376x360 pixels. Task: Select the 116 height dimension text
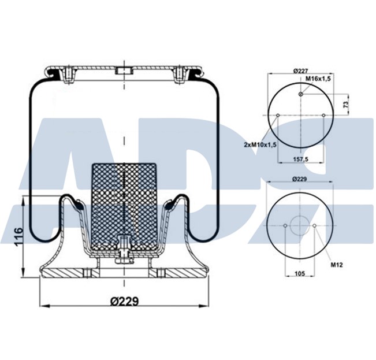click(18, 237)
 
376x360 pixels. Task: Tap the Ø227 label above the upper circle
click(300, 70)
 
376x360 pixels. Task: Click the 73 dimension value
click(345, 105)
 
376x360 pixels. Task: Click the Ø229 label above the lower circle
click(300, 180)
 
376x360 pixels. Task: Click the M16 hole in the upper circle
click(301, 94)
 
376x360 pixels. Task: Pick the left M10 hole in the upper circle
click(278, 115)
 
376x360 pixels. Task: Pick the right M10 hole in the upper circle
click(323, 115)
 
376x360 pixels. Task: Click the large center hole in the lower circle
click(300, 225)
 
